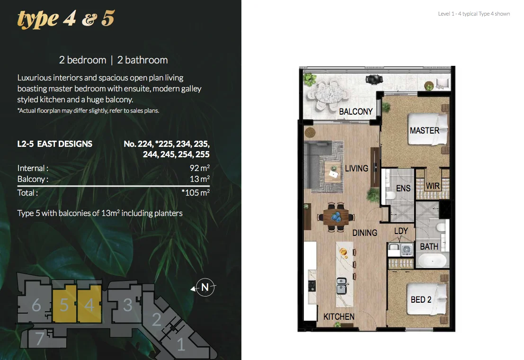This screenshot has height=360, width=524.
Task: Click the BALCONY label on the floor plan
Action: tap(355, 111)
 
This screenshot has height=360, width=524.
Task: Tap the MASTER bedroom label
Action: tap(425, 130)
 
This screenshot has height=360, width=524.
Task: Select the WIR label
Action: tap(433, 186)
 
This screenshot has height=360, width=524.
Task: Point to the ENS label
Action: tap(403, 189)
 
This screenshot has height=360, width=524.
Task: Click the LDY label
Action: tap(401, 231)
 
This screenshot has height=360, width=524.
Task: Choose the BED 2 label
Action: tap(421, 299)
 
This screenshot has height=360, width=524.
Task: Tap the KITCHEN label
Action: tap(339, 316)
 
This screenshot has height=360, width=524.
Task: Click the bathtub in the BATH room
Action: tap(432, 261)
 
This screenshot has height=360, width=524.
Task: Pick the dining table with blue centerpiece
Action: tap(337, 217)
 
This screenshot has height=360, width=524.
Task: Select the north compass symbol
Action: tap(204, 288)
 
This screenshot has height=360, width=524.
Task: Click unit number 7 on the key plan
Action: tap(40, 338)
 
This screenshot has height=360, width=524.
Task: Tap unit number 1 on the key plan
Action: tap(181, 345)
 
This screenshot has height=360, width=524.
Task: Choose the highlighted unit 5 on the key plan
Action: tap(64, 305)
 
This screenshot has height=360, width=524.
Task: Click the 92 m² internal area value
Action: tap(199, 168)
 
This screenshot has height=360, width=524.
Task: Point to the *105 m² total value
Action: tap(195, 193)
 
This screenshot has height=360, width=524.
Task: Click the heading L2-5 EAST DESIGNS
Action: tap(55, 144)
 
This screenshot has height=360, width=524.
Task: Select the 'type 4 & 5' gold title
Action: tap(66, 18)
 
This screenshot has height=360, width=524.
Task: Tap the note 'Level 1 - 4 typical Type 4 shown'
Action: tap(474, 14)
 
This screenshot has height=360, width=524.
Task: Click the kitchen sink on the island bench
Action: tap(341, 286)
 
